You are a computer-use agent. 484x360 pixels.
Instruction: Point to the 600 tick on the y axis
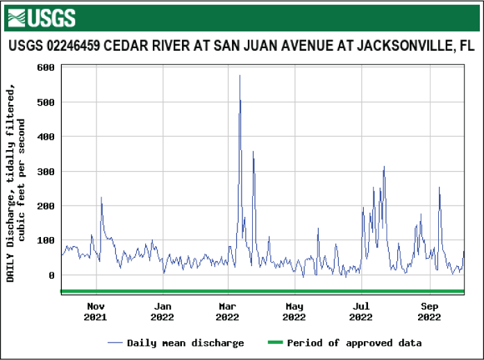(46, 67)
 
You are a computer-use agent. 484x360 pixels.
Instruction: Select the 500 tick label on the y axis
(46, 102)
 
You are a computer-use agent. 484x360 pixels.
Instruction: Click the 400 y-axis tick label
(46, 137)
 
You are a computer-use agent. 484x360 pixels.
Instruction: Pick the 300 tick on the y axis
(46, 172)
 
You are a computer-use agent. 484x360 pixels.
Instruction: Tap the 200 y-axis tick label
(46, 206)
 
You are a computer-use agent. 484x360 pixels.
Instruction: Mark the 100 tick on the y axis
(46, 240)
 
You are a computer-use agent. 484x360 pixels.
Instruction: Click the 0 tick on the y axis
(51, 275)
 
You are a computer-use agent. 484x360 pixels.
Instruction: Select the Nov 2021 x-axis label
(96, 311)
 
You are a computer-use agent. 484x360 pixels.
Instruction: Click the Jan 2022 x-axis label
(163, 311)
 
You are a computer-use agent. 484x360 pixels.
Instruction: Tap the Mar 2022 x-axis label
(228, 311)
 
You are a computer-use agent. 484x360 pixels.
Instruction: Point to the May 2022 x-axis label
(295, 311)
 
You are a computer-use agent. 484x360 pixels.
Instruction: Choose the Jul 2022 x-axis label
(361, 311)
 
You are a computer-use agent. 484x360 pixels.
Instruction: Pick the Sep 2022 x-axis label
(430, 311)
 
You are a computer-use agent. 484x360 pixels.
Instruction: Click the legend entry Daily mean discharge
(176, 343)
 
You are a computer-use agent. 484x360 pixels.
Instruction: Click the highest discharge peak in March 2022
(240, 76)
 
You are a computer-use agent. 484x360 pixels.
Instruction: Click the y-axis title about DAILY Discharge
(15, 181)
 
